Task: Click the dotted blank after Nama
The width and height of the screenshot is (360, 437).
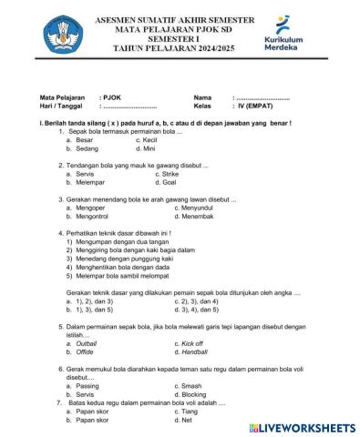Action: tap(264, 96)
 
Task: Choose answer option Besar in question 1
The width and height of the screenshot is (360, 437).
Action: tap(85, 140)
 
